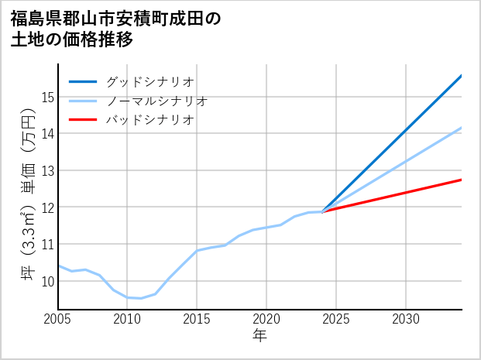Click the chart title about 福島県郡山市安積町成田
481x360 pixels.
click(116, 29)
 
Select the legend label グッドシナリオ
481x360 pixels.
click(149, 81)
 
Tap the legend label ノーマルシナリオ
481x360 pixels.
click(156, 101)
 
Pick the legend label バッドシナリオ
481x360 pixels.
click(149, 120)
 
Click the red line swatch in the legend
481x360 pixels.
click(83, 120)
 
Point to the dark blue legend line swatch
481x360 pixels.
click(83, 81)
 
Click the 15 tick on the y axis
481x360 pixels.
click(48, 97)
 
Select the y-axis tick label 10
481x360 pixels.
click(48, 281)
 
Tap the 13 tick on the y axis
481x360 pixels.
click(48, 170)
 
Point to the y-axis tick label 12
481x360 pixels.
click(48, 207)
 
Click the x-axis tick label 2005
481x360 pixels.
click(58, 319)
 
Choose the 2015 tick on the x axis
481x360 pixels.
click(197, 319)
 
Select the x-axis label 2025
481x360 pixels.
click(336, 319)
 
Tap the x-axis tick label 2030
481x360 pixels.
click(406, 319)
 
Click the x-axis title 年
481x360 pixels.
click(259, 336)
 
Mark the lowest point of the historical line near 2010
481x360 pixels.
click(140, 298)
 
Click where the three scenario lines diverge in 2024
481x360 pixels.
click(322, 211)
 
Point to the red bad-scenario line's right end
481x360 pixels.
click(461, 180)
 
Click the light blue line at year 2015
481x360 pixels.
click(197, 251)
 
